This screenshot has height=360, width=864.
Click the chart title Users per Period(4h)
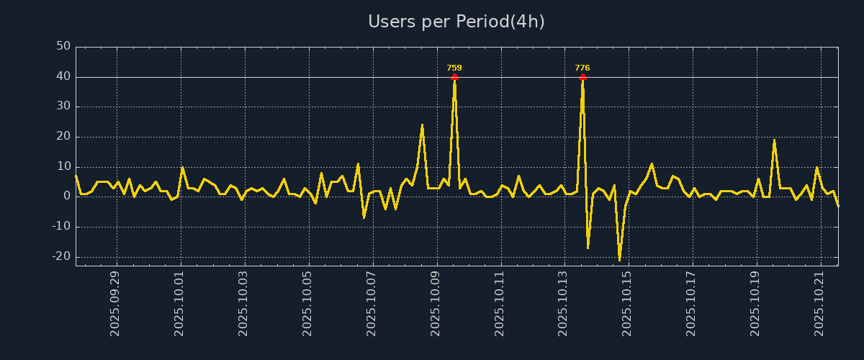point(456,22)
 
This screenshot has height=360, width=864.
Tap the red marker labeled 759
point(454,76)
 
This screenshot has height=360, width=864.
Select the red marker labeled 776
point(582,76)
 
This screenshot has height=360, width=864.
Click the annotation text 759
point(454,68)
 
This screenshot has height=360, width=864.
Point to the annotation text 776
point(582,68)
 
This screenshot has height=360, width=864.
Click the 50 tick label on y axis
point(63,47)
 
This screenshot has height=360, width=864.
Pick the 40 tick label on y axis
point(63,76)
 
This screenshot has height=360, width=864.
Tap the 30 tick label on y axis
point(63,107)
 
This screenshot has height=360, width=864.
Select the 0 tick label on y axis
point(67,196)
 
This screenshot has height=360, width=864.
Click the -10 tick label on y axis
point(61,227)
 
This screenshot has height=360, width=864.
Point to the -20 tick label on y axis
point(61,256)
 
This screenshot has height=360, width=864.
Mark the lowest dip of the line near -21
point(619,260)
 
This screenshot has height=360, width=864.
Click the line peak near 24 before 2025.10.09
point(423,125)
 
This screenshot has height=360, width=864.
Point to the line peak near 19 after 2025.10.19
point(774,140)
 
